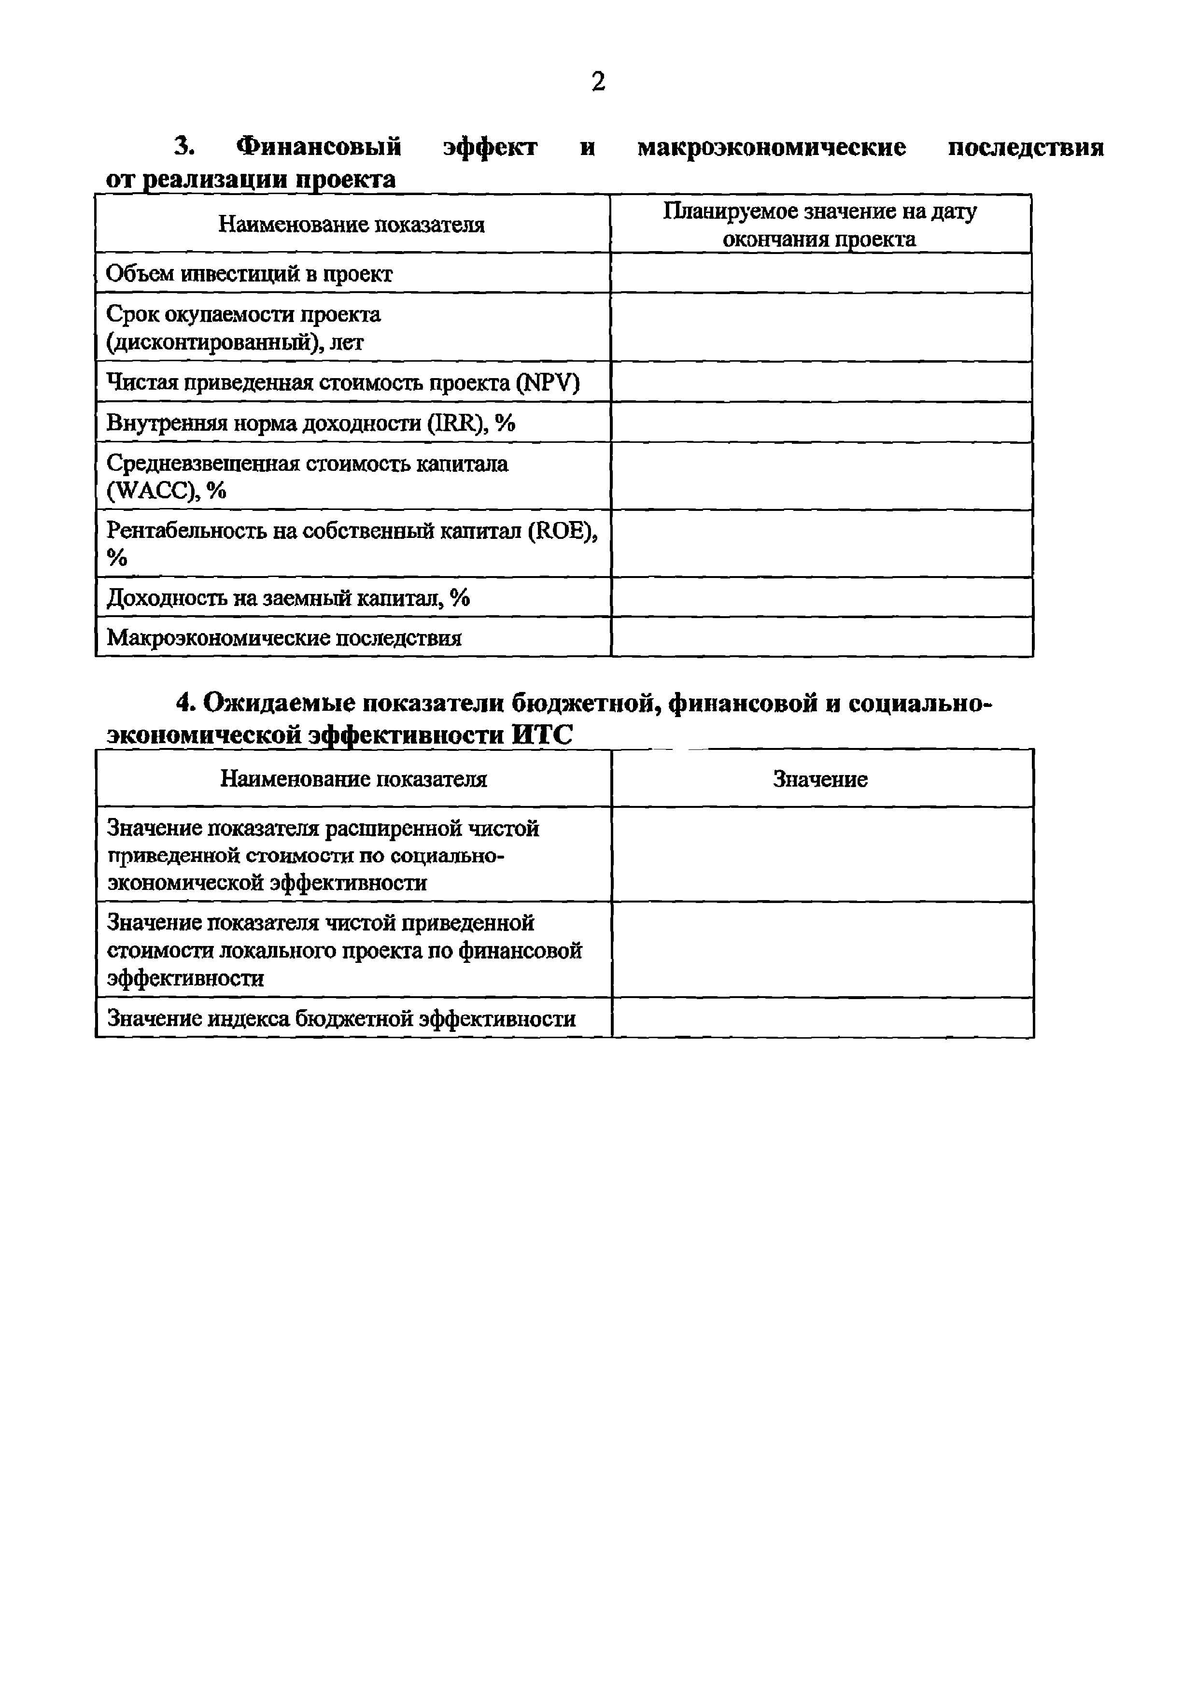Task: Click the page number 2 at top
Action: [598, 82]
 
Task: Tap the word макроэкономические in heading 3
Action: [771, 147]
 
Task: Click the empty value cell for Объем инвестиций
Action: [820, 273]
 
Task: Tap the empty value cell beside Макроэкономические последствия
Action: [821, 637]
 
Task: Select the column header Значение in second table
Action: [820, 779]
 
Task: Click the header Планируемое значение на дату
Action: [819, 211]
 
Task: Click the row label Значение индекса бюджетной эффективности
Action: [341, 1018]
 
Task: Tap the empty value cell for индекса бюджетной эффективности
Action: [822, 1018]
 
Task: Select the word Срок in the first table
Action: [133, 315]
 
